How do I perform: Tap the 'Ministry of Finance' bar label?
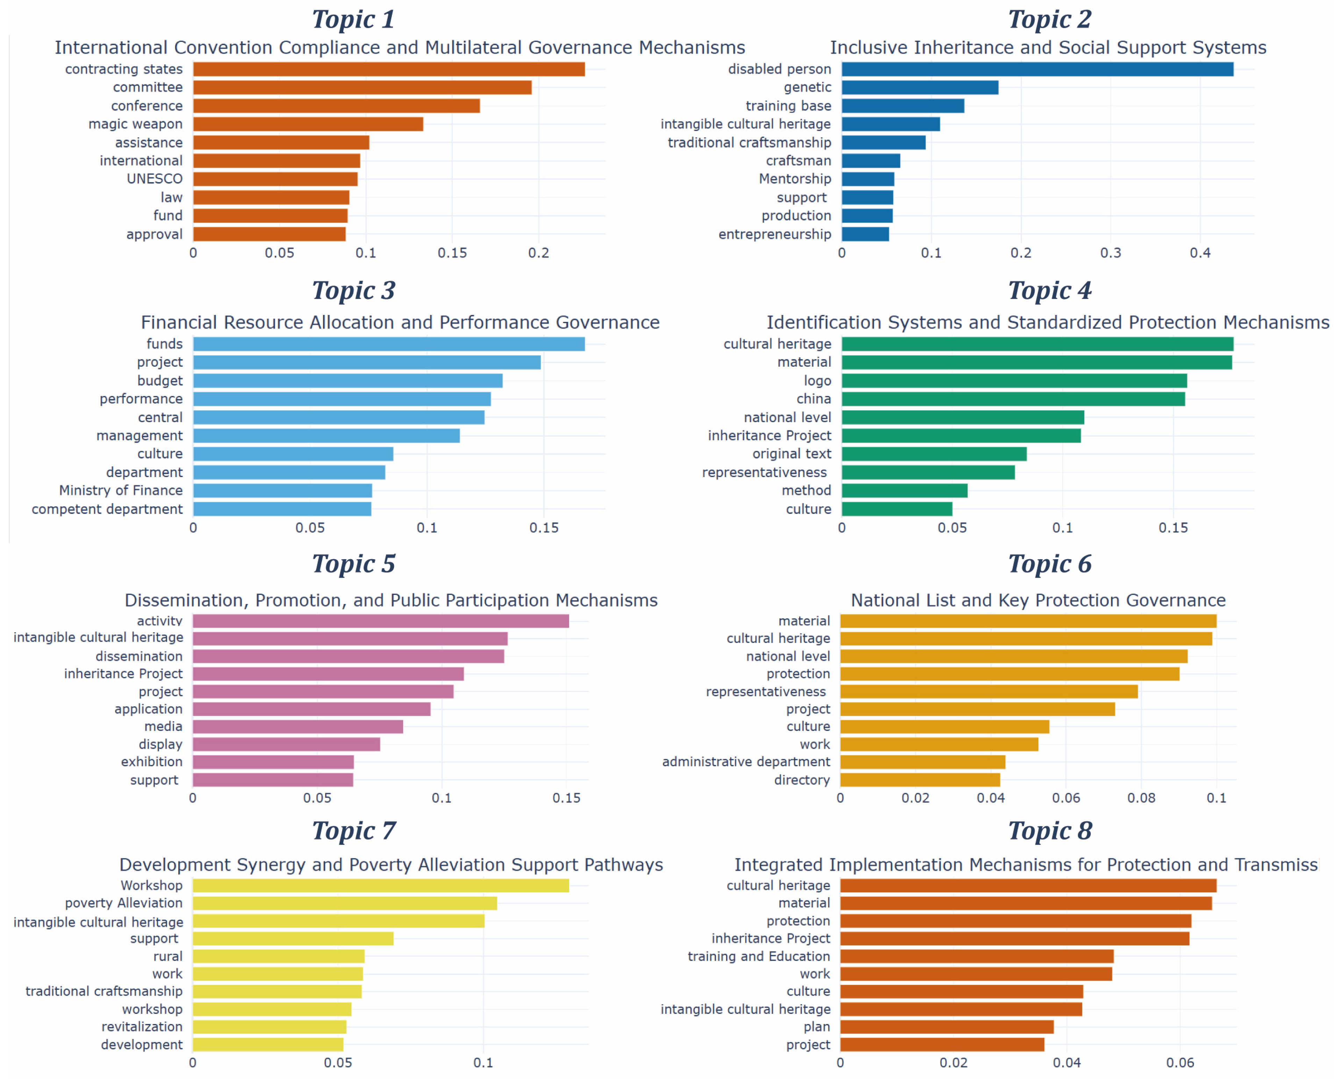pyautogui.click(x=121, y=491)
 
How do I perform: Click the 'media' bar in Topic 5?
pyautogui.click(x=298, y=727)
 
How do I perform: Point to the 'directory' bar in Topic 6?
pyautogui.click(x=920, y=780)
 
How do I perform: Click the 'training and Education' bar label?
pyautogui.click(x=759, y=956)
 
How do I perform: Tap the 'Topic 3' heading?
pyautogui.click(x=353, y=291)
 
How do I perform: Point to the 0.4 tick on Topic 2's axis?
pyautogui.click(x=1200, y=253)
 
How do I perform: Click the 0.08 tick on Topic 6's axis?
pyautogui.click(x=1141, y=798)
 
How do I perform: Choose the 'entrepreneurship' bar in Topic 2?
pyautogui.click(x=865, y=234)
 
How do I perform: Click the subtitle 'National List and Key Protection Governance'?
pyautogui.click(x=1038, y=600)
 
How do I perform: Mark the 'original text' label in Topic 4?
pyautogui.click(x=791, y=454)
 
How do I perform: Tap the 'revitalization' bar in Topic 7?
pyautogui.click(x=269, y=1027)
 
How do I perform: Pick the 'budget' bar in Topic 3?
pyautogui.click(x=347, y=381)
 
